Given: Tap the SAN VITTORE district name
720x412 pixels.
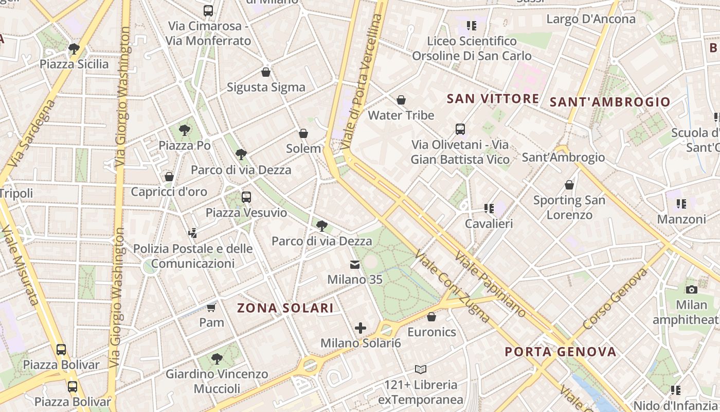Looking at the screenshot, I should click(493, 98).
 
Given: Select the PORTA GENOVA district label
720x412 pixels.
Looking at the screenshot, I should click(560, 352).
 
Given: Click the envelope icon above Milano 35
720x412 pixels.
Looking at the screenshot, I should click(355, 265).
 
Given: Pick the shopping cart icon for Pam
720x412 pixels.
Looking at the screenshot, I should click(211, 307).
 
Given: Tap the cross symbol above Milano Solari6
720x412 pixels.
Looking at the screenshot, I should click(361, 328).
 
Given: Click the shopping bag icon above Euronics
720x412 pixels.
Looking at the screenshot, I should click(431, 316).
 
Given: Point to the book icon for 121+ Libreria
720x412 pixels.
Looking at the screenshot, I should click(421, 369).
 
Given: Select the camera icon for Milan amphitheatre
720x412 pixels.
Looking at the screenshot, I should click(692, 289).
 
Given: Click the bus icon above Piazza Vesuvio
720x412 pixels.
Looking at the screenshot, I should click(246, 197).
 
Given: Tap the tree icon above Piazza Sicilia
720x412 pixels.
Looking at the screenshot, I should click(74, 49).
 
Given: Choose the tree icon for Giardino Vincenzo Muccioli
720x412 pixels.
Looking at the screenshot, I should click(217, 358).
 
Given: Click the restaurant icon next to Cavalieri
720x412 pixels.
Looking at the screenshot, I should click(489, 209).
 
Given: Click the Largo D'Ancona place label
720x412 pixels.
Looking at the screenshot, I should click(591, 19).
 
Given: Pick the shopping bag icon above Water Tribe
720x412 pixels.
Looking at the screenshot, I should click(401, 99).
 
